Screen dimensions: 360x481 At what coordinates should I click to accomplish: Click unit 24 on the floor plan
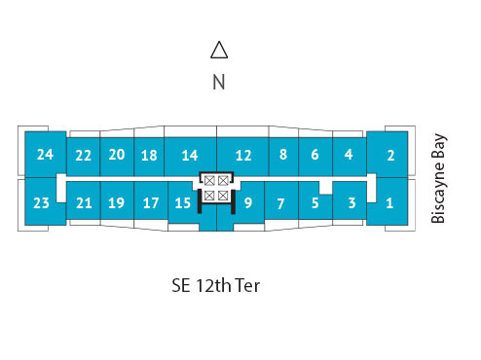coord(45,154)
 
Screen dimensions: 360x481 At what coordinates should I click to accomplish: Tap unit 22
coord(84,156)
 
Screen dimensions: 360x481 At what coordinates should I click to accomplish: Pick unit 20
coord(116,155)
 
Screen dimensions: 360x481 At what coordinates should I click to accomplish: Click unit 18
coord(149,156)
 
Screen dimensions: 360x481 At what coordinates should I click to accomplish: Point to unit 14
coord(190,156)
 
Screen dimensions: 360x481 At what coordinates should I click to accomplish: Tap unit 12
coord(243,156)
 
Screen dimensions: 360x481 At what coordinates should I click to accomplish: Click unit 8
coord(282,155)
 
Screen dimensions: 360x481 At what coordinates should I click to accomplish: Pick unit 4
coord(348,155)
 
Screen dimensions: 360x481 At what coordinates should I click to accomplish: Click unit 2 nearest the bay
coord(389,154)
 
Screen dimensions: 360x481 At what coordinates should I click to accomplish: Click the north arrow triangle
coord(219,51)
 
